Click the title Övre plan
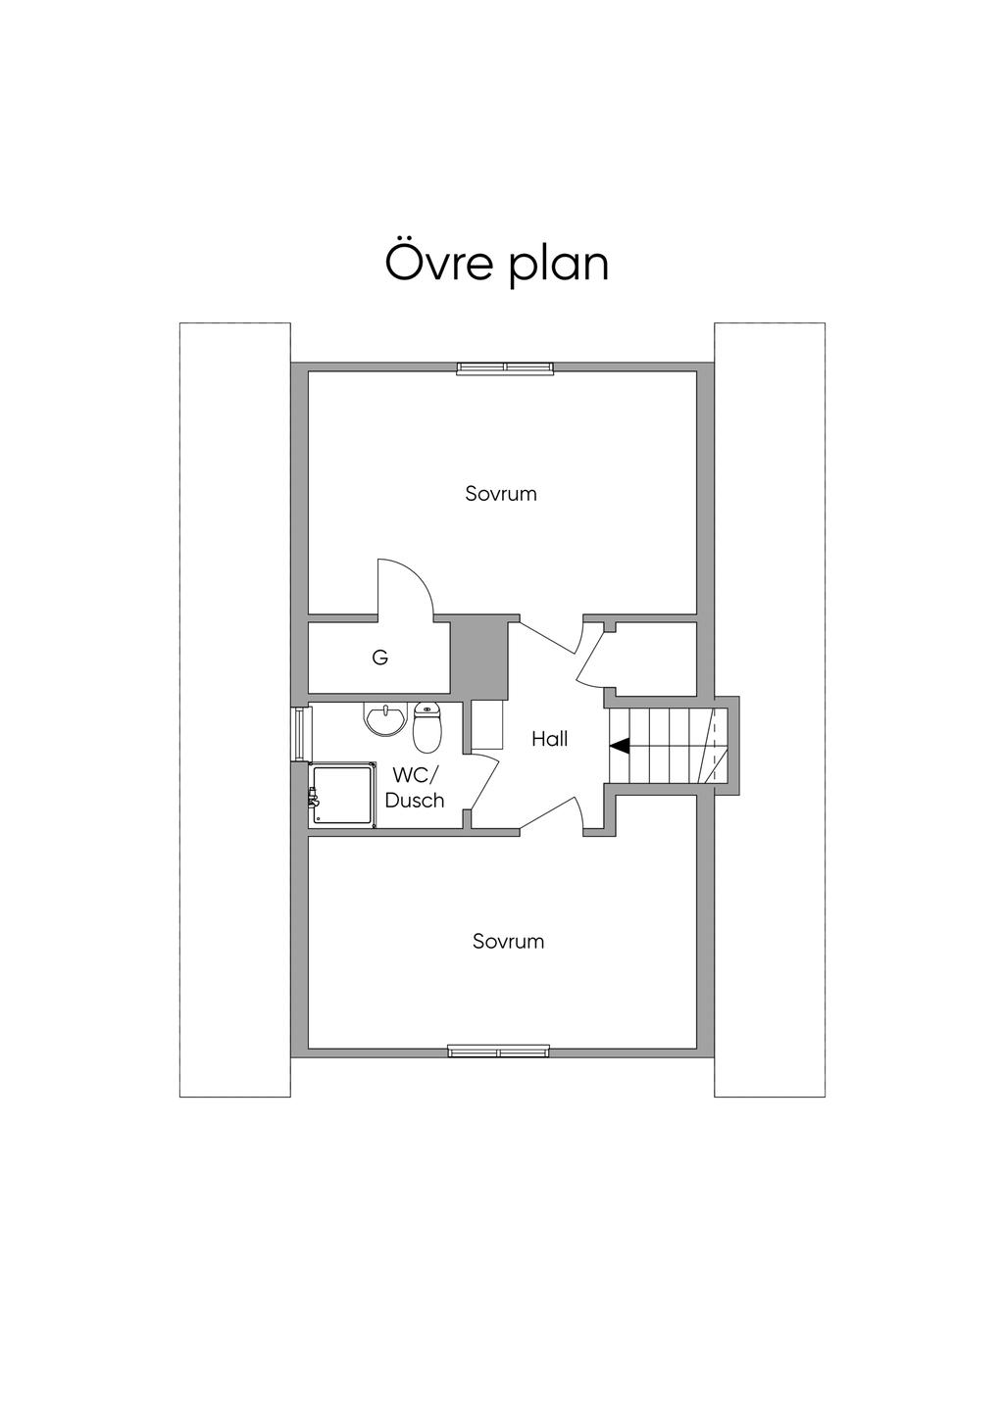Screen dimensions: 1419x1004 pos(497,263)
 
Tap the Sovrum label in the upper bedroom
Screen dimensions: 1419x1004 pos(501,494)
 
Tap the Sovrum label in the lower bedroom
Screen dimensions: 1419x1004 pos(508,942)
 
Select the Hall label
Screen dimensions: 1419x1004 pos(549,739)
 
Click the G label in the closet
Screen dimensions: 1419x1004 pos(380,659)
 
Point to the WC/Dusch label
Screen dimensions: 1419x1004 pos(415,788)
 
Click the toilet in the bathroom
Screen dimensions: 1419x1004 pos(427,726)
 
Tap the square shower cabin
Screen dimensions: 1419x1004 pos(342,795)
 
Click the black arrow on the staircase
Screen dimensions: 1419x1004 pos(620,746)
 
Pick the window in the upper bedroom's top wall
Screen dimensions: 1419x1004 pos(506,368)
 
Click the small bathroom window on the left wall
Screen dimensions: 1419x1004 pos(300,733)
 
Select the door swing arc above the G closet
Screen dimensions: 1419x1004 pos(407,588)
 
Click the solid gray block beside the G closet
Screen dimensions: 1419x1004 pos(477,655)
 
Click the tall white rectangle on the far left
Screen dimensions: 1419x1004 pos(234,709)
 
